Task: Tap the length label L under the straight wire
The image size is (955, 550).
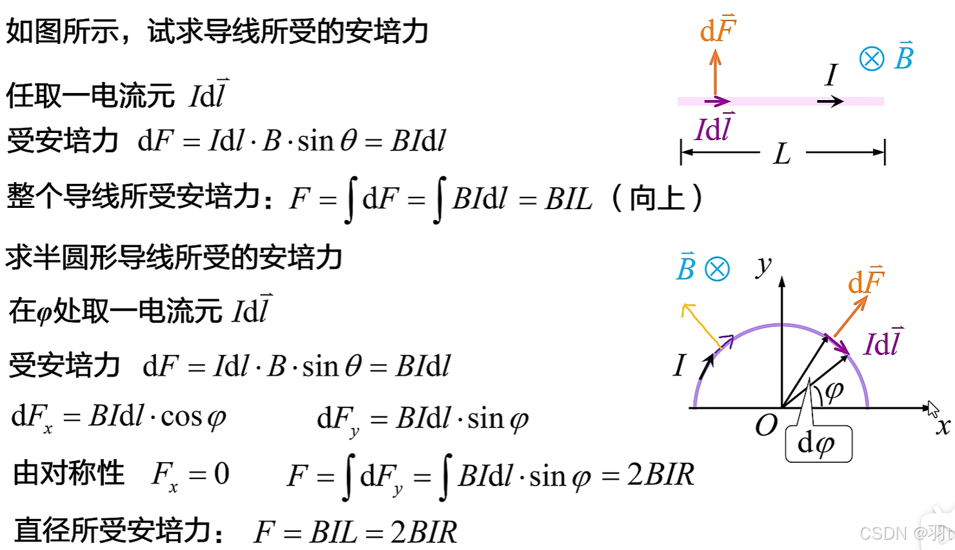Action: (782, 154)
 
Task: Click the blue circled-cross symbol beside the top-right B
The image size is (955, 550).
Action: (872, 59)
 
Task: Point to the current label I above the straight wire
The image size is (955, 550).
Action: (832, 75)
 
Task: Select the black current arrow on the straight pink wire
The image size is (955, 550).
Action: (830, 101)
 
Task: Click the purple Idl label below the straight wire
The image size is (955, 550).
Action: (714, 128)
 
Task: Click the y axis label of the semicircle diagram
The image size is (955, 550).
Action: (764, 264)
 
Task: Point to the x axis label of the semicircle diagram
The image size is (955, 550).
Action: (943, 425)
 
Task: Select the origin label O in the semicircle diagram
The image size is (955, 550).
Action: (766, 425)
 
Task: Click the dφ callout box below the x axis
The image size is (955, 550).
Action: (818, 444)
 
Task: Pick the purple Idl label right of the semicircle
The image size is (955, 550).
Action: (883, 343)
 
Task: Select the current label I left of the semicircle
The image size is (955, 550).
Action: (679, 365)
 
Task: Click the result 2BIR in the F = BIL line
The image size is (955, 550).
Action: (423, 533)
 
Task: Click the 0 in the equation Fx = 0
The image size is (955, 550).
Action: (221, 474)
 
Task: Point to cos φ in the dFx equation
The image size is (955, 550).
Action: (193, 417)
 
